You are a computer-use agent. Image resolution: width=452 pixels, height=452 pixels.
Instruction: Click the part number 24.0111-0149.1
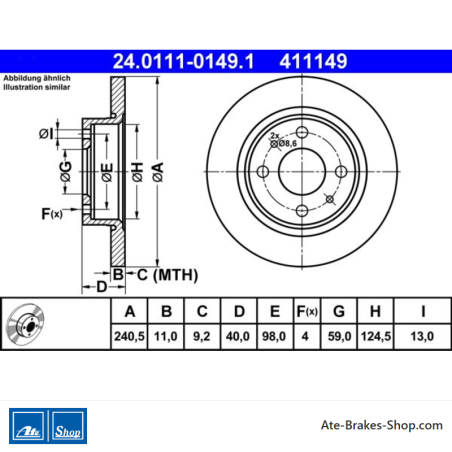tap(183, 61)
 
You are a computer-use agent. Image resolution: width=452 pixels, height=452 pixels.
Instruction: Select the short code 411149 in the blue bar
tap(313, 61)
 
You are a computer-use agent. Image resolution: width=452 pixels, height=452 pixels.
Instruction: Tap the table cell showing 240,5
tap(129, 336)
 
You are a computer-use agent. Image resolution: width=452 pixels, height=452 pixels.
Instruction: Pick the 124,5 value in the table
tap(376, 336)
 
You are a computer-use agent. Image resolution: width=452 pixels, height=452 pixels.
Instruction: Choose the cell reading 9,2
tap(202, 336)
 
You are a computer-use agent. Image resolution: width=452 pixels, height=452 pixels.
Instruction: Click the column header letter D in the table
tap(239, 311)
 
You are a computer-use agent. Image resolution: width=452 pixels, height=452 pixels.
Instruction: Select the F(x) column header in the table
tap(307, 311)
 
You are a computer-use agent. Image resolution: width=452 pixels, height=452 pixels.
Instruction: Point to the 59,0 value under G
tap(339, 336)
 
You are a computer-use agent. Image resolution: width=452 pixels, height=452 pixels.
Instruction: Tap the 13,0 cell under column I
tap(422, 336)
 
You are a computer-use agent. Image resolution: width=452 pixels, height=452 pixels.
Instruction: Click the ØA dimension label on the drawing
tap(158, 172)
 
